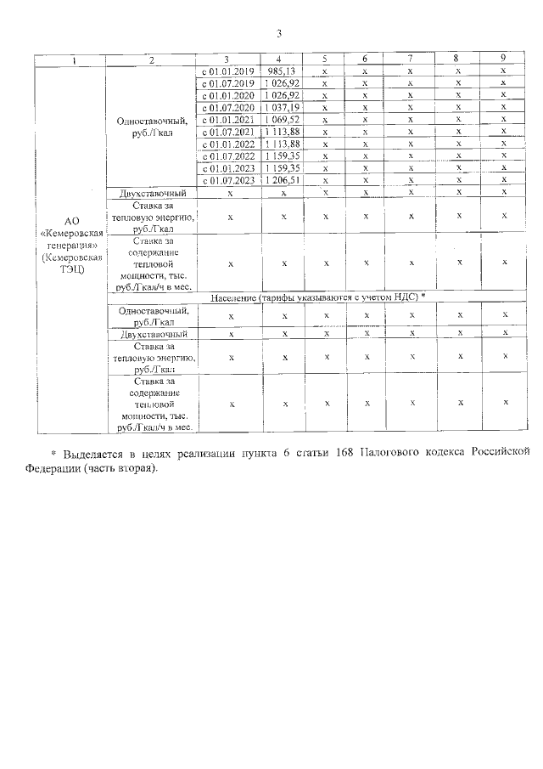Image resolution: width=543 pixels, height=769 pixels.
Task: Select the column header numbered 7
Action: [x=410, y=59]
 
